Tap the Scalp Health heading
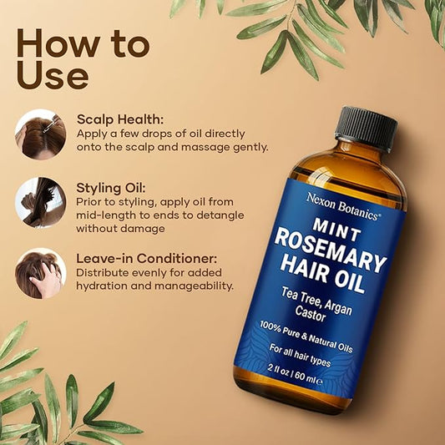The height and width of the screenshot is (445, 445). (x=121, y=119)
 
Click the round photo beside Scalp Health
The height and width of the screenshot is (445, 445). (x=40, y=134)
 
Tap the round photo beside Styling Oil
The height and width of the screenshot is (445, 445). (x=40, y=203)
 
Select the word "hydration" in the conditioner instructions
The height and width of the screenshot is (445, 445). (x=104, y=286)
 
